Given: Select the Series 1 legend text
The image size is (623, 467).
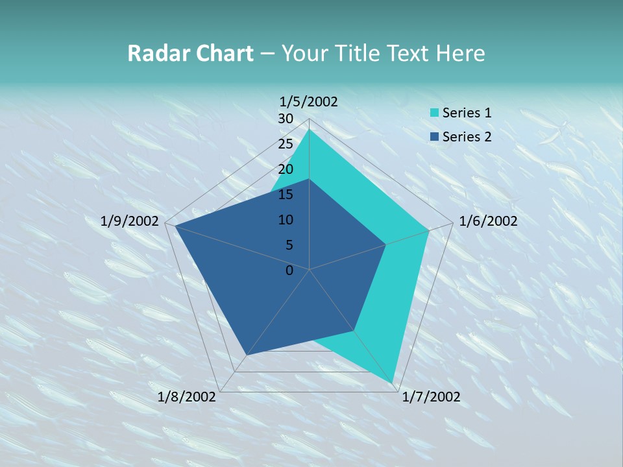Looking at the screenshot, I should pyautogui.click(x=467, y=113).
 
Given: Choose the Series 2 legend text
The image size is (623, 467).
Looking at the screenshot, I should pyautogui.click(x=467, y=136).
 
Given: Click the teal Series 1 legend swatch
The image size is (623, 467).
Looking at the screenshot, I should pyautogui.click(x=434, y=113).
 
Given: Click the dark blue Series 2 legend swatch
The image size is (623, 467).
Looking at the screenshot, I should pyautogui.click(x=434, y=136).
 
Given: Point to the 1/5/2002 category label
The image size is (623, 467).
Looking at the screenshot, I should pyautogui.click(x=309, y=101).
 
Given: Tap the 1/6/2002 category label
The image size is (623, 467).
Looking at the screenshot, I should pyautogui.click(x=488, y=221).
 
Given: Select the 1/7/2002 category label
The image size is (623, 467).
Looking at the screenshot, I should pyautogui.click(x=431, y=397).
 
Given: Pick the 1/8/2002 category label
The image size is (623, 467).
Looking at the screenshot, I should pyautogui.click(x=187, y=397).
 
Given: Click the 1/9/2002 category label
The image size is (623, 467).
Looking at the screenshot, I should pyautogui.click(x=130, y=221).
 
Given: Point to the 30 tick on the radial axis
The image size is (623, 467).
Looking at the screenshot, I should pyautogui.click(x=286, y=119).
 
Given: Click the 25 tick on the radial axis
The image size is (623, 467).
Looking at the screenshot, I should pyautogui.click(x=286, y=144).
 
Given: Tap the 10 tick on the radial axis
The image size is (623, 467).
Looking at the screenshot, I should pyautogui.click(x=286, y=220).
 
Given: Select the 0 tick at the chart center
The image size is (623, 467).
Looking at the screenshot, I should pyautogui.click(x=289, y=270).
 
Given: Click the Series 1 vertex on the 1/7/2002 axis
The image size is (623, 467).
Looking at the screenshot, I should pyautogui.click(x=393, y=383).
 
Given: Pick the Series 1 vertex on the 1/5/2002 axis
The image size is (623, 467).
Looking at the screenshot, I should pyautogui.click(x=310, y=130).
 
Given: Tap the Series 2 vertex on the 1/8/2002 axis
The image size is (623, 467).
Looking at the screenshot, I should pyautogui.click(x=246, y=355).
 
